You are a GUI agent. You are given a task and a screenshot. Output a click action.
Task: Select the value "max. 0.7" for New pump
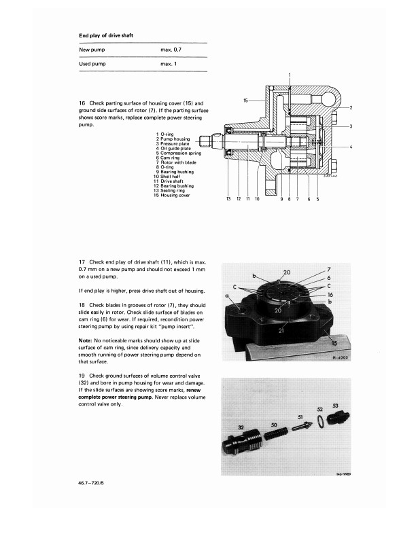[x=171, y=50]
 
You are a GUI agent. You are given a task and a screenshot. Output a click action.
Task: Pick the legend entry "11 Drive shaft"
[x=174, y=181]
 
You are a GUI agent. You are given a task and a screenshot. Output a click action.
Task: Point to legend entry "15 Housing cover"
[x=176, y=196]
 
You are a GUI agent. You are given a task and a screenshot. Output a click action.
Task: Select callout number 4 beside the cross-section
[x=350, y=147]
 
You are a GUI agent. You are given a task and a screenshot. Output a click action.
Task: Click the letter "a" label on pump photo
[x=226, y=296]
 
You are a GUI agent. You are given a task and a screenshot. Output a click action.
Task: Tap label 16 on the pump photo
[x=328, y=295]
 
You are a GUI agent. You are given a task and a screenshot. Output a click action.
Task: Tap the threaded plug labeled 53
[x=336, y=416]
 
